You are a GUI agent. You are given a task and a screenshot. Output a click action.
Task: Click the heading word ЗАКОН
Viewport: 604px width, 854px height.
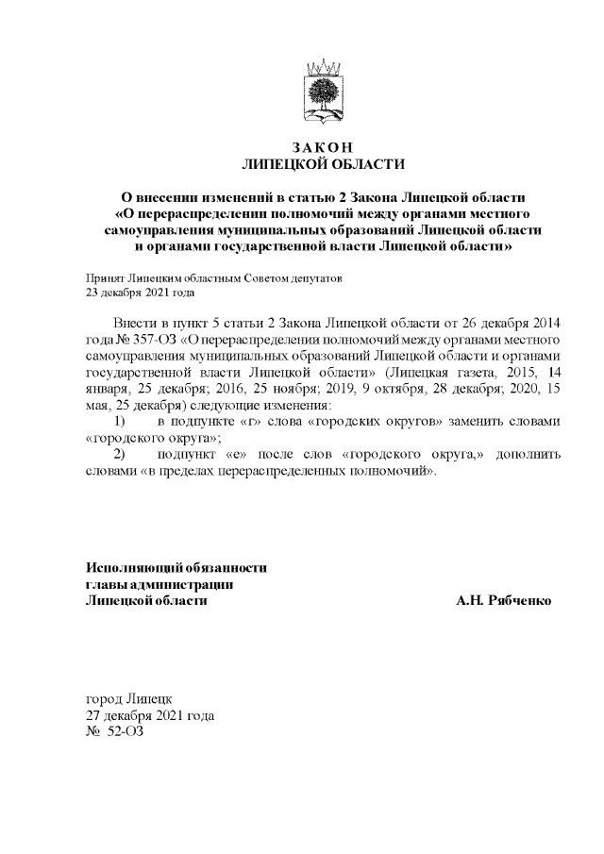322,147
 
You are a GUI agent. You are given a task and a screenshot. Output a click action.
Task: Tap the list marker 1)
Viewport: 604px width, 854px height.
120,420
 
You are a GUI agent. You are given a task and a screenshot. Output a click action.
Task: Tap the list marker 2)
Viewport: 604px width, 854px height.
120,453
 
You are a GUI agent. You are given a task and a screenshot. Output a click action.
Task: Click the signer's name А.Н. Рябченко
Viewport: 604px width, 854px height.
503,600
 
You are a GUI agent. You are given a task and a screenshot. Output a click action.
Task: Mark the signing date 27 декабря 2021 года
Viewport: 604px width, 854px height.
149,715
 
